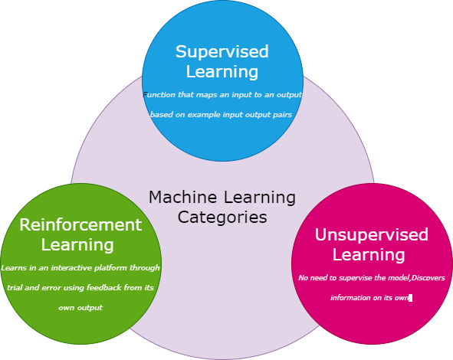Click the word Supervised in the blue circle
click(x=222, y=52)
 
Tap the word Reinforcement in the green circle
click(x=80, y=225)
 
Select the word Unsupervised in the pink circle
click(x=372, y=234)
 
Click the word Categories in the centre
click(x=222, y=218)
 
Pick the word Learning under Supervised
click(x=222, y=72)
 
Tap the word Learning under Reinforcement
click(x=77, y=245)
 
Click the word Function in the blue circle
click(x=158, y=95)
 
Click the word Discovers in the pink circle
click(x=426, y=277)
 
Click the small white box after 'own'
click(x=411, y=297)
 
